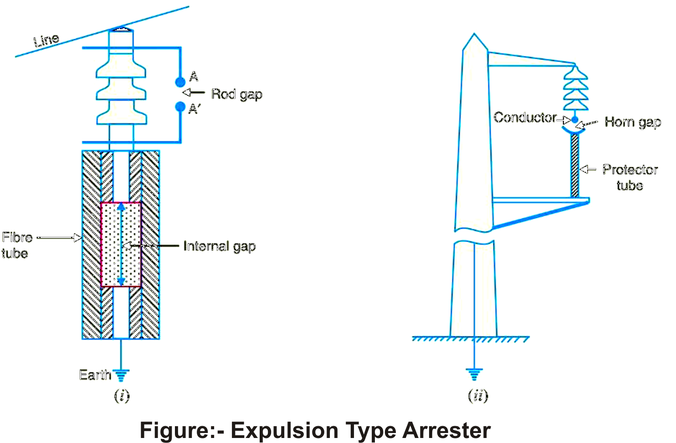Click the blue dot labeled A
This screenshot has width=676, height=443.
click(x=180, y=82)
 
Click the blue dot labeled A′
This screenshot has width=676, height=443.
click(x=180, y=107)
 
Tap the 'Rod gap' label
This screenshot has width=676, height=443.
click(x=236, y=94)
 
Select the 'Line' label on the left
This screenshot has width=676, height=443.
click(x=46, y=40)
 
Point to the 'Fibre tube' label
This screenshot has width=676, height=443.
click(x=17, y=245)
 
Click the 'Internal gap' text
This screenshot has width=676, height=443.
click(x=219, y=247)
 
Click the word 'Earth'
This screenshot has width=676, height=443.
click(x=95, y=375)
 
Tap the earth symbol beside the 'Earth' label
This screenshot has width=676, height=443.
click(x=121, y=375)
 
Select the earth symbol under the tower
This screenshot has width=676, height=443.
click(x=474, y=374)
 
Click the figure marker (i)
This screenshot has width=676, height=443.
click(x=122, y=395)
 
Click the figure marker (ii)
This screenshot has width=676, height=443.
click(x=478, y=395)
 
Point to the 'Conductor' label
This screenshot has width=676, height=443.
click(x=525, y=118)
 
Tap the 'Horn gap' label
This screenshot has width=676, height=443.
click(x=632, y=122)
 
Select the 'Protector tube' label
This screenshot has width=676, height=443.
click(x=630, y=177)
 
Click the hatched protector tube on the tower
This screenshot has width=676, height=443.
click(x=575, y=166)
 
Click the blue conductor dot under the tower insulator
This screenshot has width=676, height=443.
click(x=575, y=120)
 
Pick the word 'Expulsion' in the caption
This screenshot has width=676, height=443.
click(x=284, y=430)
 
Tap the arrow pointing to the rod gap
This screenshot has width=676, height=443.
click(x=194, y=93)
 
